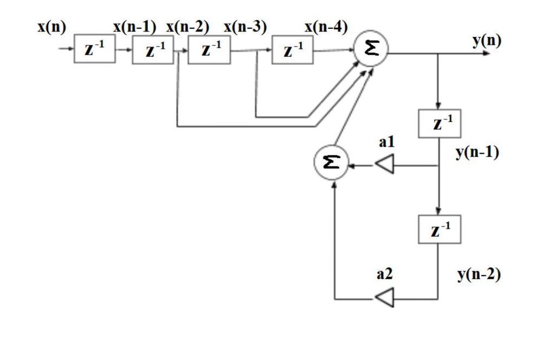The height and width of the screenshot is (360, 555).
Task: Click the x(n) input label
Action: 51,27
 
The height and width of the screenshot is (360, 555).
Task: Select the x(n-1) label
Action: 134,27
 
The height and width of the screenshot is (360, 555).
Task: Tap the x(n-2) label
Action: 188,27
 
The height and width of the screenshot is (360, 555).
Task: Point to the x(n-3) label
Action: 244,27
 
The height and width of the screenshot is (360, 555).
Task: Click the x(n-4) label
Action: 326,27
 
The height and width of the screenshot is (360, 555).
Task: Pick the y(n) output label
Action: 486,41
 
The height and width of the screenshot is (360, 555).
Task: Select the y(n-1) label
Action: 477,152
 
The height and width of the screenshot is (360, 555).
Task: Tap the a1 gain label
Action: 387,143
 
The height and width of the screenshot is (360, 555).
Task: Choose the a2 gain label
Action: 384,275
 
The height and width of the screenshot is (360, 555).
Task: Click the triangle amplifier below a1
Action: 384,165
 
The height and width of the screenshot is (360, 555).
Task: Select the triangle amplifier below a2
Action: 384,298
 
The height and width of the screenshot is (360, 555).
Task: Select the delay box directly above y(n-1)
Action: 439,124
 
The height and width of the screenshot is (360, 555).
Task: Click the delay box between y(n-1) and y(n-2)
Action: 438,230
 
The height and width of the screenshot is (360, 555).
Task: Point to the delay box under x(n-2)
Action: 209,52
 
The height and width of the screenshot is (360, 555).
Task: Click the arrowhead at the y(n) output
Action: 492,54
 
